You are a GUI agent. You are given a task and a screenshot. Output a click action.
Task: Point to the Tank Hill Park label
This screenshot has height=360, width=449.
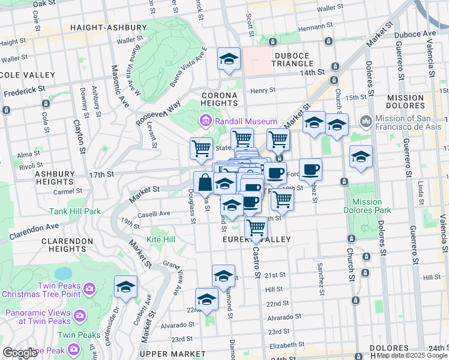pos(76,211)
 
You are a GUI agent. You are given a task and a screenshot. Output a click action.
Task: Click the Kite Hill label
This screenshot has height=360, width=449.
pos(161,239)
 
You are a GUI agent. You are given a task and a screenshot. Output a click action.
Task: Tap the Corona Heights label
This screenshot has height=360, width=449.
pos(219,99)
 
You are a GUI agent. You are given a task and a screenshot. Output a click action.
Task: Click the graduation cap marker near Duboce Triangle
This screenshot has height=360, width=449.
pos(229,59)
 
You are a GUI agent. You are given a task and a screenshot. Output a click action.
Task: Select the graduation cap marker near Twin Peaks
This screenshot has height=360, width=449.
pos(125,287)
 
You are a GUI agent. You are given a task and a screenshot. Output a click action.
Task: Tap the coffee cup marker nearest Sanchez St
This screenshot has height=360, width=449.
pos(310,169)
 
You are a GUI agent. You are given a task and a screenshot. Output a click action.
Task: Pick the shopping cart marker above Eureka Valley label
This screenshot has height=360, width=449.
pos(256,227)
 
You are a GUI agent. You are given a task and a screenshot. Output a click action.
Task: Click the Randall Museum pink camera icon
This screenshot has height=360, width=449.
pos(206,122)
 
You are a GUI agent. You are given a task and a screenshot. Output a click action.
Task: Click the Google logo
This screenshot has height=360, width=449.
pos(20,353)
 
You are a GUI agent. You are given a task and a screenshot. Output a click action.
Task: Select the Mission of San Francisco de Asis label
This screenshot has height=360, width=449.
pos(409,122)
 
